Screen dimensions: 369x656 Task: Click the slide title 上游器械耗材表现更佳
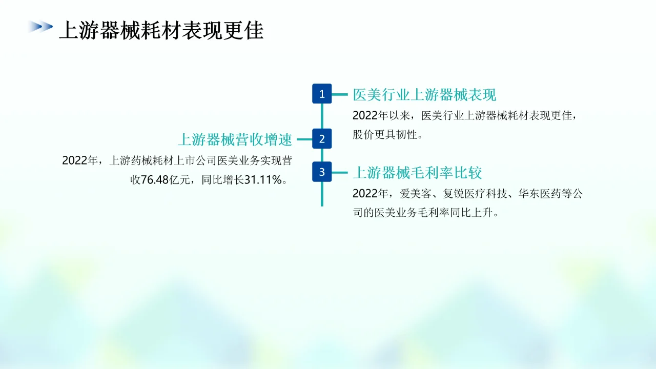161,31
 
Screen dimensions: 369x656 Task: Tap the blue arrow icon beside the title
40,27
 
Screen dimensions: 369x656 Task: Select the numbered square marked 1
322,94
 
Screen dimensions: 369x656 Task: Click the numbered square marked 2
322,138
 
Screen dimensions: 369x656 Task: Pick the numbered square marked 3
322,172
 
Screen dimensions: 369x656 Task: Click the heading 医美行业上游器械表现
424,95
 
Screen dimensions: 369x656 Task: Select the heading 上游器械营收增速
235,139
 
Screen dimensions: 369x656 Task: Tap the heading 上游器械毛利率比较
417,173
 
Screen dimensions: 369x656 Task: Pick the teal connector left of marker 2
304,139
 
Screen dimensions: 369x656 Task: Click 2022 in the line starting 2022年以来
364,116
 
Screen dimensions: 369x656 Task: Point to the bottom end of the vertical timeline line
322,204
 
